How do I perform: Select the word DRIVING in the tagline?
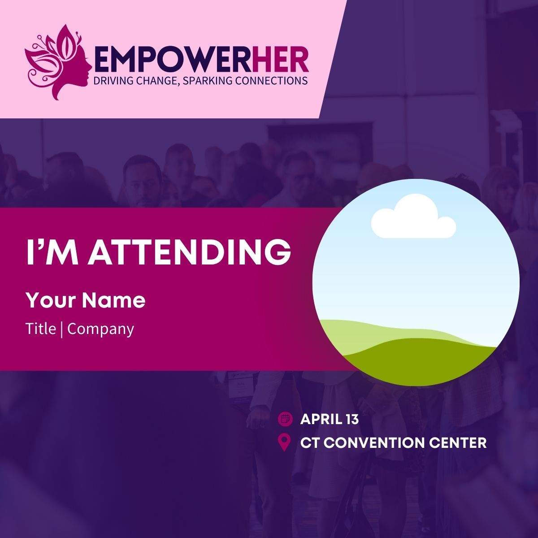click(111, 81)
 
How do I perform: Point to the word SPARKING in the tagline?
click(206, 81)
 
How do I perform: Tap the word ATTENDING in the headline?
click(189, 252)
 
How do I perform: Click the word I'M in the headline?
click(52, 252)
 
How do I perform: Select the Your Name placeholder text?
click(86, 300)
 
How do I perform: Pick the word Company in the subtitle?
click(100, 330)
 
